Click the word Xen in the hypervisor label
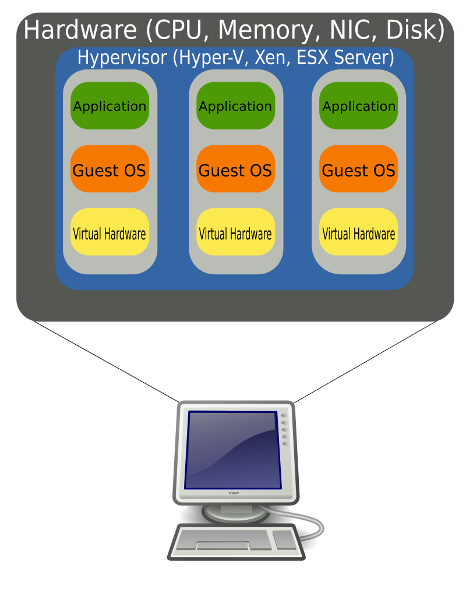click(x=271, y=58)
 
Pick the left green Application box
click(x=110, y=106)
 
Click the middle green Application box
click(x=235, y=106)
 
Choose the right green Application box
click(x=358, y=106)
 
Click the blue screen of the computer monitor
click(x=232, y=449)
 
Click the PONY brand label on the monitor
click(x=234, y=494)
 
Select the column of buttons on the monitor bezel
click(x=285, y=429)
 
